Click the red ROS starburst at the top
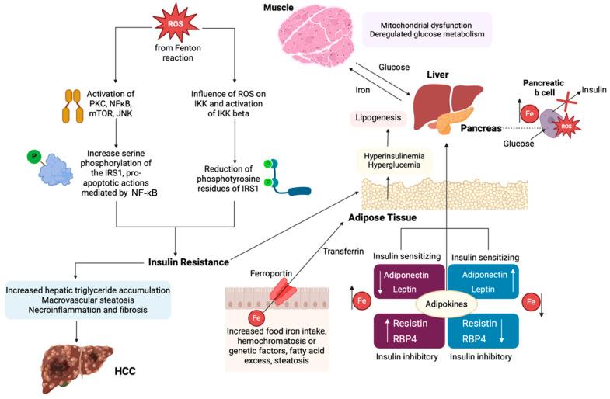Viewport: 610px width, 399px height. coord(174,23)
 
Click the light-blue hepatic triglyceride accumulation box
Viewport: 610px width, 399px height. coord(88,301)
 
